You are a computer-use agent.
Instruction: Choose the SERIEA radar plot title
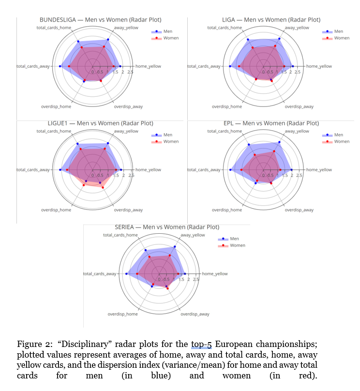[167, 227]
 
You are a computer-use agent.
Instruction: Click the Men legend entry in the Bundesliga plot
[167, 31]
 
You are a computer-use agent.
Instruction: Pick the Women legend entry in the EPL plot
[341, 141]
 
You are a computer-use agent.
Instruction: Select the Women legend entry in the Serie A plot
[238, 245]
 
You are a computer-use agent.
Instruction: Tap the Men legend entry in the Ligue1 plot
[167, 135]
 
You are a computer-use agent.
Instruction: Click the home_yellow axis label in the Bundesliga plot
[148, 66]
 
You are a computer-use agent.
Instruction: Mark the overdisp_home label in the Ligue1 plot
[56, 210]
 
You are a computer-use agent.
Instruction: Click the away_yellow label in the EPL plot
[297, 131]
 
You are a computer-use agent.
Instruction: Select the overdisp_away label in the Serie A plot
[195, 314]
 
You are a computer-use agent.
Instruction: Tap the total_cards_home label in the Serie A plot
[118, 235]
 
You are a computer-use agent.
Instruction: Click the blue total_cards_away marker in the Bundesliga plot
[60, 66]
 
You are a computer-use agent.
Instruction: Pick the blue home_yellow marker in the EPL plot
[292, 170]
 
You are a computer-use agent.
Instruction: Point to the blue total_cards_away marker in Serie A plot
[126, 274]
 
